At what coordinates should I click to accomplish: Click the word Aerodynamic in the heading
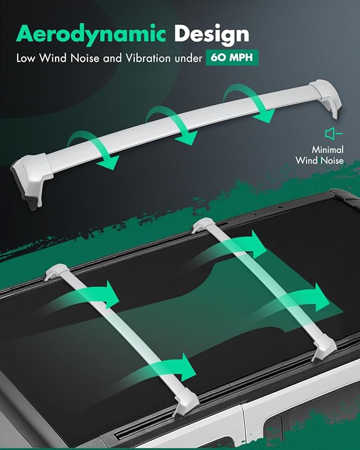coord(91,34)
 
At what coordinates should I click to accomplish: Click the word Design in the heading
coord(212,34)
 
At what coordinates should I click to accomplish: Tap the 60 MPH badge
coord(232,58)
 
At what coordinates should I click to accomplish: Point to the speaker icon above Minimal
coord(333,134)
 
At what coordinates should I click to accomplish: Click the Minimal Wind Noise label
coord(320,155)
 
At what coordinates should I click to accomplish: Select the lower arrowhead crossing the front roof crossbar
coord(188,367)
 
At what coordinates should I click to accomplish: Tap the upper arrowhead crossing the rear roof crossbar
coord(258,244)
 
